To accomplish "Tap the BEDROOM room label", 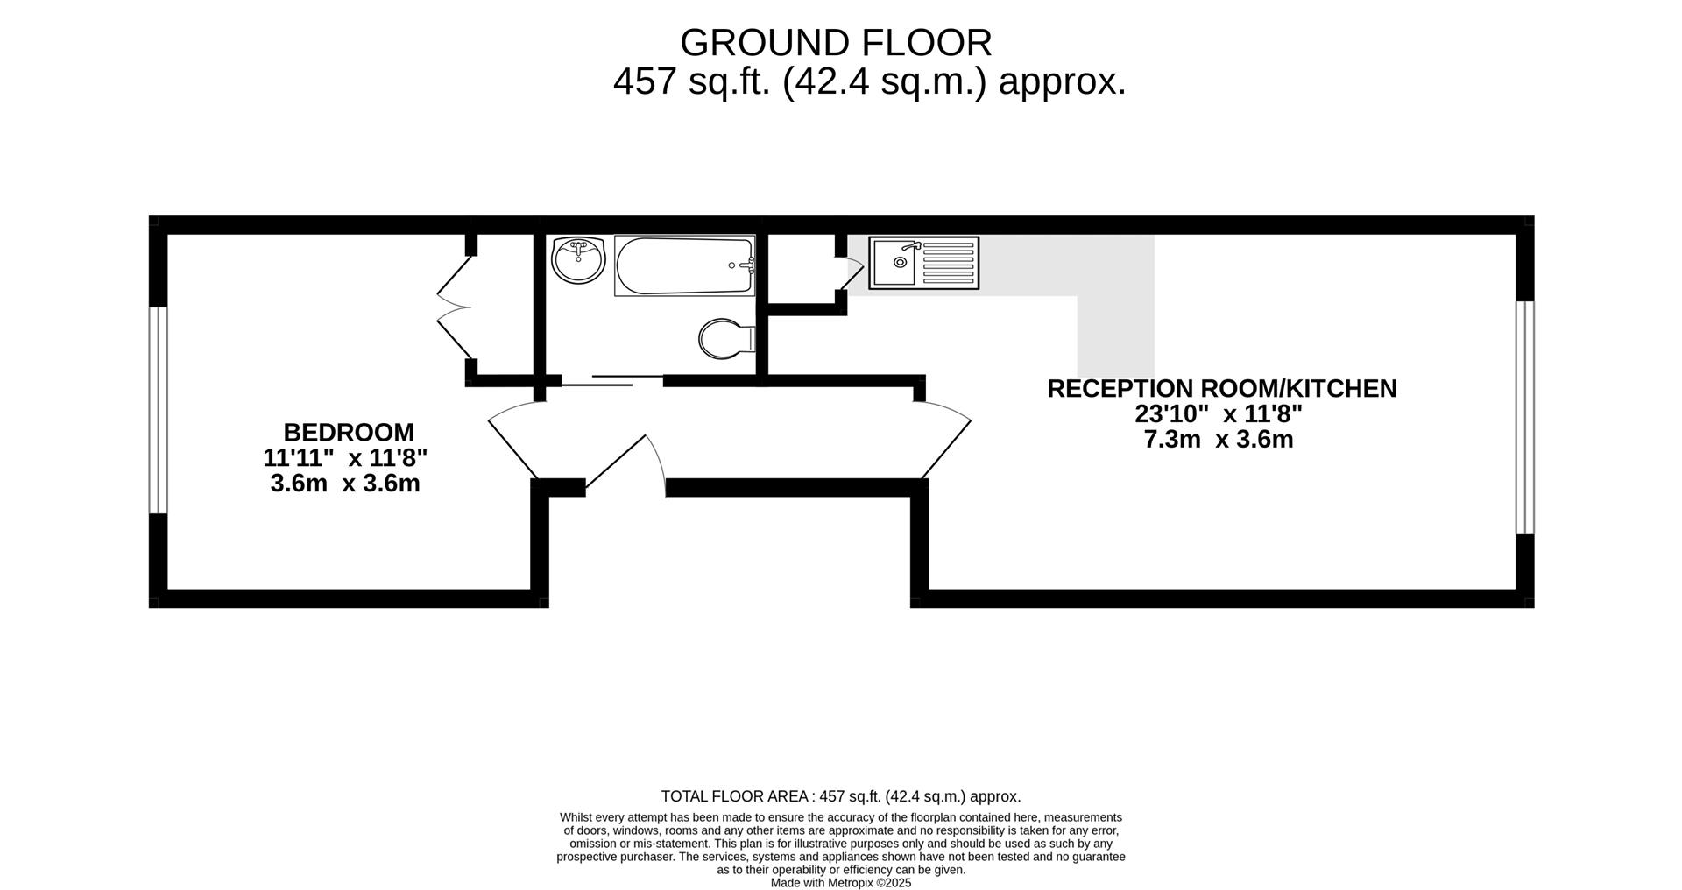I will (348, 432).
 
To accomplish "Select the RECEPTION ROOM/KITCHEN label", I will (1221, 388).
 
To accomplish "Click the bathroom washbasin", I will (579, 259).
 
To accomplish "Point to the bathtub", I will (684, 265).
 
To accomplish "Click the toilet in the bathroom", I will (726, 338).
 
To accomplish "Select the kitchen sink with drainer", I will (923, 263).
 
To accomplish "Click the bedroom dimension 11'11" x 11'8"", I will (345, 457).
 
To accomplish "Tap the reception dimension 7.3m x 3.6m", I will (1218, 439).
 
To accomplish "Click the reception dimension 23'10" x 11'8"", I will (1218, 413).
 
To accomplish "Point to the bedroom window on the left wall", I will (158, 409).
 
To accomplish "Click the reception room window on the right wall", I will (1524, 417).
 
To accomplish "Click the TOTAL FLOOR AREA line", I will (840, 796).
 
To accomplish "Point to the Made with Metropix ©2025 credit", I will (840, 883).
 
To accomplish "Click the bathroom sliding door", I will (611, 380).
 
